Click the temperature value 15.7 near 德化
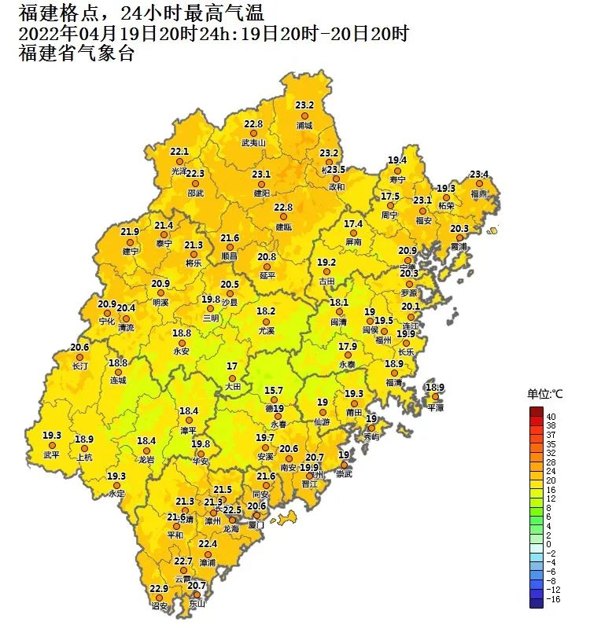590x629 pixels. [273, 391]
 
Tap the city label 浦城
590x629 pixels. [304, 125]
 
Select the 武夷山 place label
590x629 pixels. [253, 144]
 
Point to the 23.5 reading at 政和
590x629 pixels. [336, 170]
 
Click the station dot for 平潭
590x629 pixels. [435, 397]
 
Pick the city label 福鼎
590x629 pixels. [478, 193]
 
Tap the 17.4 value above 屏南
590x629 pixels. [353, 224]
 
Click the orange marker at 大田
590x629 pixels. [231, 377]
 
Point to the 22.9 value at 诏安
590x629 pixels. [159, 589]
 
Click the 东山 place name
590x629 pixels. [197, 604]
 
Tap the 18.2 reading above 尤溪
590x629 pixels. [267, 311]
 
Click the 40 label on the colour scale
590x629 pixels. [551, 416]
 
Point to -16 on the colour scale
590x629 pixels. [553, 598]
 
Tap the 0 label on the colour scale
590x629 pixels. [548, 544]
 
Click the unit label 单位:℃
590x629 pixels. [545, 393]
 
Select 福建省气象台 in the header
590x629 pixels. [76, 53]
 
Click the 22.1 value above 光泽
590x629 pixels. [180, 151]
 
